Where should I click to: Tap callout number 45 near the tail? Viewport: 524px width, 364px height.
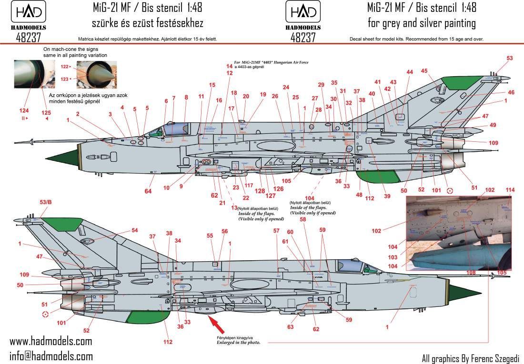pyautogui.click(x=424, y=71)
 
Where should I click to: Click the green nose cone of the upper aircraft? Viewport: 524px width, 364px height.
pyautogui.click(x=69, y=157)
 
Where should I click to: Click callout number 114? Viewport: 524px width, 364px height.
pyautogui.click(x=511, y=190)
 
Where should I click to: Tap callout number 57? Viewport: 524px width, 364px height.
pyautogui.click(x=276, y=231)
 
